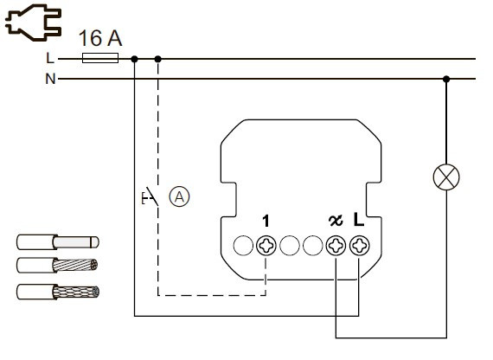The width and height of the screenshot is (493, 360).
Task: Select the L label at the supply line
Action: (x=50, y=59)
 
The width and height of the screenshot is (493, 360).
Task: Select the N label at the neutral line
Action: (x=50, y=79)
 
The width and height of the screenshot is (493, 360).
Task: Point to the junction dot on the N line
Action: (x=446, y=79)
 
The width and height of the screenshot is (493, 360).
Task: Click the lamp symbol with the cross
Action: (x=446, y=177)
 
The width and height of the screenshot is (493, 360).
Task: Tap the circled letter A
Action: (x=179, y=196)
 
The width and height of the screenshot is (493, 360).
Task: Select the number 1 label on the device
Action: (x=266, y=222)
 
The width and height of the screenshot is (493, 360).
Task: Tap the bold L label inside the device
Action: (x=360, y=222)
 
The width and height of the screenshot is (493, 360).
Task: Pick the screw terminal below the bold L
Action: (x=359, y=246)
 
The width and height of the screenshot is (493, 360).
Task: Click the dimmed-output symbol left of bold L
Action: (x=336, y=222)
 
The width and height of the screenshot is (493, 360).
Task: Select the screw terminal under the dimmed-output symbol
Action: (x=336, y=246)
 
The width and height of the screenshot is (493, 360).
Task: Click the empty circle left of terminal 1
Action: (x=244, y=246)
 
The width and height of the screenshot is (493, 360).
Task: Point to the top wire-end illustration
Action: (x=58, y=242)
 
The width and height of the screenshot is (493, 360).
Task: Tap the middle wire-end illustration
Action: (x=58, y=266)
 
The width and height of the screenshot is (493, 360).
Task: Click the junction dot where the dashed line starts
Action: (x=157, y=59)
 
